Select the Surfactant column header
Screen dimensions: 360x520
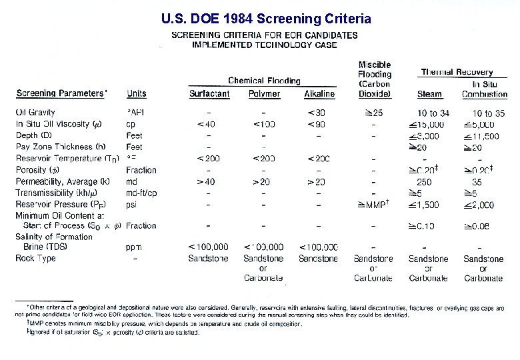pos(209,94)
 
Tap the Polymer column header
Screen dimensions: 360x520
pos(264,94)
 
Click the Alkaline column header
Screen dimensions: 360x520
pos(319,94)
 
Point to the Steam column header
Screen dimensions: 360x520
pos(429,94)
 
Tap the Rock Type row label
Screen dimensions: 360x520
pos(36,258)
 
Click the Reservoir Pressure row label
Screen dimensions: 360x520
pos(63,204)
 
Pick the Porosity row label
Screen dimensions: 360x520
pos(39,170)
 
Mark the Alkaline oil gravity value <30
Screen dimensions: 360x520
pos(317,113)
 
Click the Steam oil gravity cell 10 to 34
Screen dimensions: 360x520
pos(433,113)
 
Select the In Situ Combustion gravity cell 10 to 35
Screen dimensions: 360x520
pos(488,113)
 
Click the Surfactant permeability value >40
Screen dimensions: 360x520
pos(206,181)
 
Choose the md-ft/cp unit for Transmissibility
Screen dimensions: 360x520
pos(143,193)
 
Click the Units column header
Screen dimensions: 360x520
pos(137,94)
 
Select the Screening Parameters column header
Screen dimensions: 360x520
pos(61,94)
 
